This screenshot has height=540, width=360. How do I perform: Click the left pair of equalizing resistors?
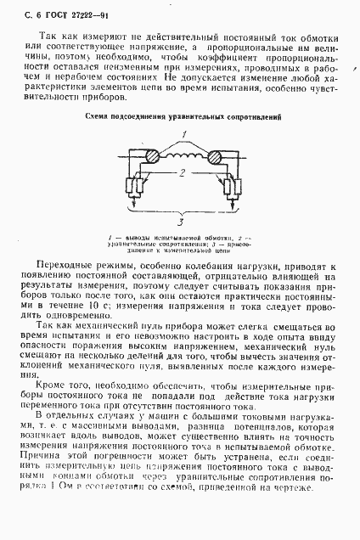tap(130, 188)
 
